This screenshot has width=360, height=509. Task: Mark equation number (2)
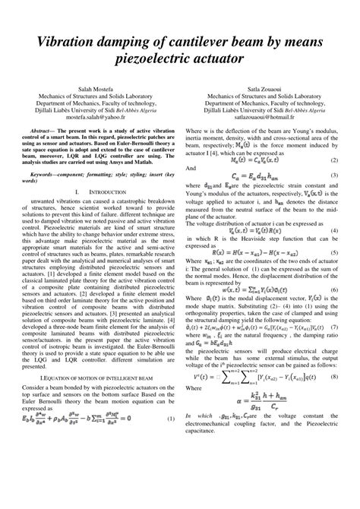click(334, 160)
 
